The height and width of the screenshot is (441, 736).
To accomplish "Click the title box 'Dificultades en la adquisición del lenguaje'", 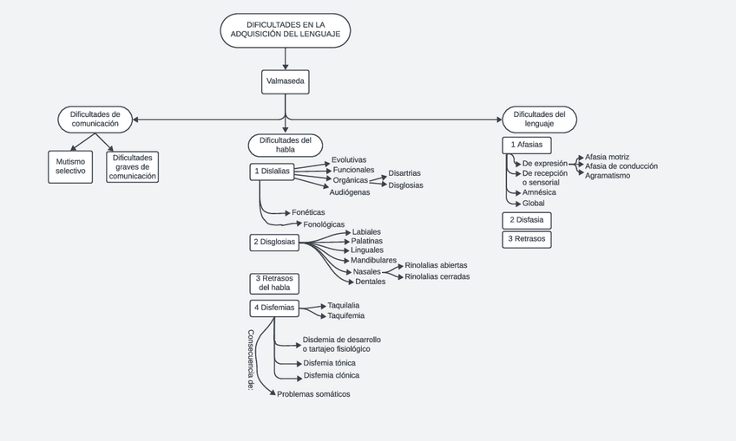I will pyautogui.click(x=286, y=29).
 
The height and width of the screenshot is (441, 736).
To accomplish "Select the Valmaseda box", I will pyautogui.click(x=285, y=81).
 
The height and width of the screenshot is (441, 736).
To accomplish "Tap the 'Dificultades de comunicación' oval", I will pyautogui.click(x=95, y=119).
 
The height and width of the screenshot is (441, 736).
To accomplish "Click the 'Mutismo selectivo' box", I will pyautogui.click(x=70, y=166).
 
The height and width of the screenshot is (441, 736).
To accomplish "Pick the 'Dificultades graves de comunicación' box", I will pyautogui.click(x=133, y=166).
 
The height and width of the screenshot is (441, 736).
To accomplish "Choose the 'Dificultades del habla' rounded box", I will pyautogui.click(x=286, y=144).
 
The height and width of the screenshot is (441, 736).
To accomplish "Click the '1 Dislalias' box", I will pyautogui.click(x=273, y=172).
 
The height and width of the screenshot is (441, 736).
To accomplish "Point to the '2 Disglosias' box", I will pyautogui.click(x=274, y=242).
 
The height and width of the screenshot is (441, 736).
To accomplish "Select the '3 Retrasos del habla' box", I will pyautogui.click(x=274, y=282).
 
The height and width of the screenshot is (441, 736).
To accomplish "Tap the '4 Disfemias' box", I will pyautogui.click(x=274, y=308).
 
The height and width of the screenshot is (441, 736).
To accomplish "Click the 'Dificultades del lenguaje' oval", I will pyautogui.click(x=539, y=119).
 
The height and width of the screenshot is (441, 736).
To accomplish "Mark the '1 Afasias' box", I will pyautogui.click(x=527, y=145).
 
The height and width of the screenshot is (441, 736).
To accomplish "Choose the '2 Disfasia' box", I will pyautogui.click(x=527, y=220).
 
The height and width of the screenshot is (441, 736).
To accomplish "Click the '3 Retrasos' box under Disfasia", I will pyautogui.click(x=527, y=239).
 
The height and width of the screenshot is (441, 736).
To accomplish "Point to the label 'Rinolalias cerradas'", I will pyautogui.click(x=437, y=277).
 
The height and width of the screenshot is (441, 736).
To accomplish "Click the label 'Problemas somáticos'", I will pyautogui.click(x=313, y=394).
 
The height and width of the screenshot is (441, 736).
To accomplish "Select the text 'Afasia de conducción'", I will pyautogui.click(x=621, y=166).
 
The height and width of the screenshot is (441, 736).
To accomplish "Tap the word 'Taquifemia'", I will pyautogui.click(x=346, y=316).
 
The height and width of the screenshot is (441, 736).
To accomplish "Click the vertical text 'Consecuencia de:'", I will pyautogui.click(x=251, y=360).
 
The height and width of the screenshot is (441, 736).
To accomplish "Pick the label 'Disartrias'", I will pyautogui.click(x=404, y=173).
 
